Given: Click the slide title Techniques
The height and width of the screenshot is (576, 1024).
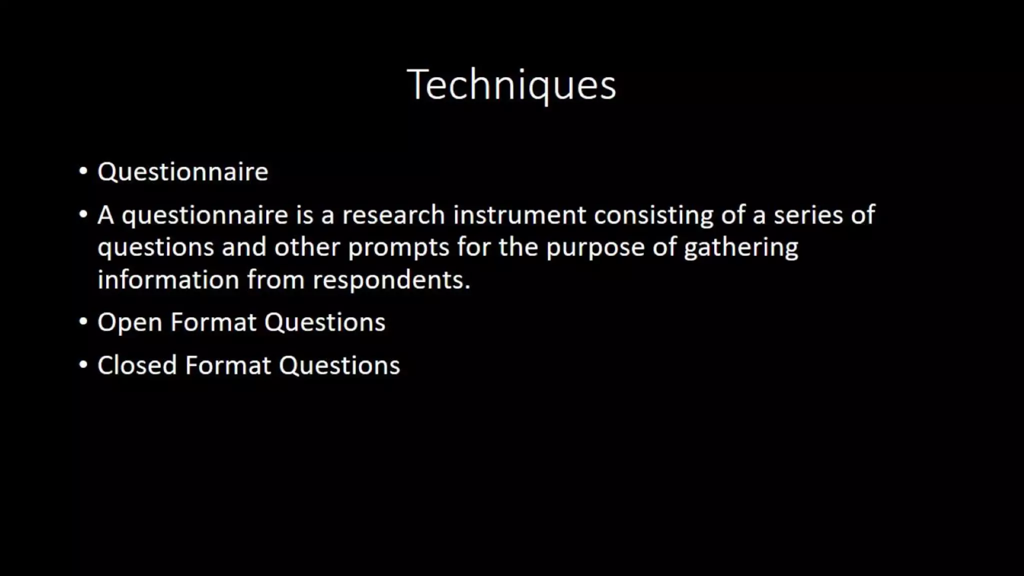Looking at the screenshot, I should [511, 85].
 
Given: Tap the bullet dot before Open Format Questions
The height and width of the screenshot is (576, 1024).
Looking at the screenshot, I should [83, 321].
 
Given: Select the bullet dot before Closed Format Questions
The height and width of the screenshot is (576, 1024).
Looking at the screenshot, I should [83, 364].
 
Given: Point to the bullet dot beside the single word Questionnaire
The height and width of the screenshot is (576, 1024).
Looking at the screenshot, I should [83, 171].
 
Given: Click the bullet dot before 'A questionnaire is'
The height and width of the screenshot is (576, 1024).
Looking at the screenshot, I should [83, 214].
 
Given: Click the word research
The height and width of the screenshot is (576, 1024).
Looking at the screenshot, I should [393, 215].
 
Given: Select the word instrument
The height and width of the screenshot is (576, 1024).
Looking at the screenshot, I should [519, 215].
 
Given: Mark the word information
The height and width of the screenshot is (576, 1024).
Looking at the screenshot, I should [168, 279].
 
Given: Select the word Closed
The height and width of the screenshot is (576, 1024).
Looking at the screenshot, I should [137, 365].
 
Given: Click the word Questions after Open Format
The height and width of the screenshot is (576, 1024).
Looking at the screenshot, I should [325, 322].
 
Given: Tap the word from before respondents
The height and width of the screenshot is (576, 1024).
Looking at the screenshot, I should [275, 279].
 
